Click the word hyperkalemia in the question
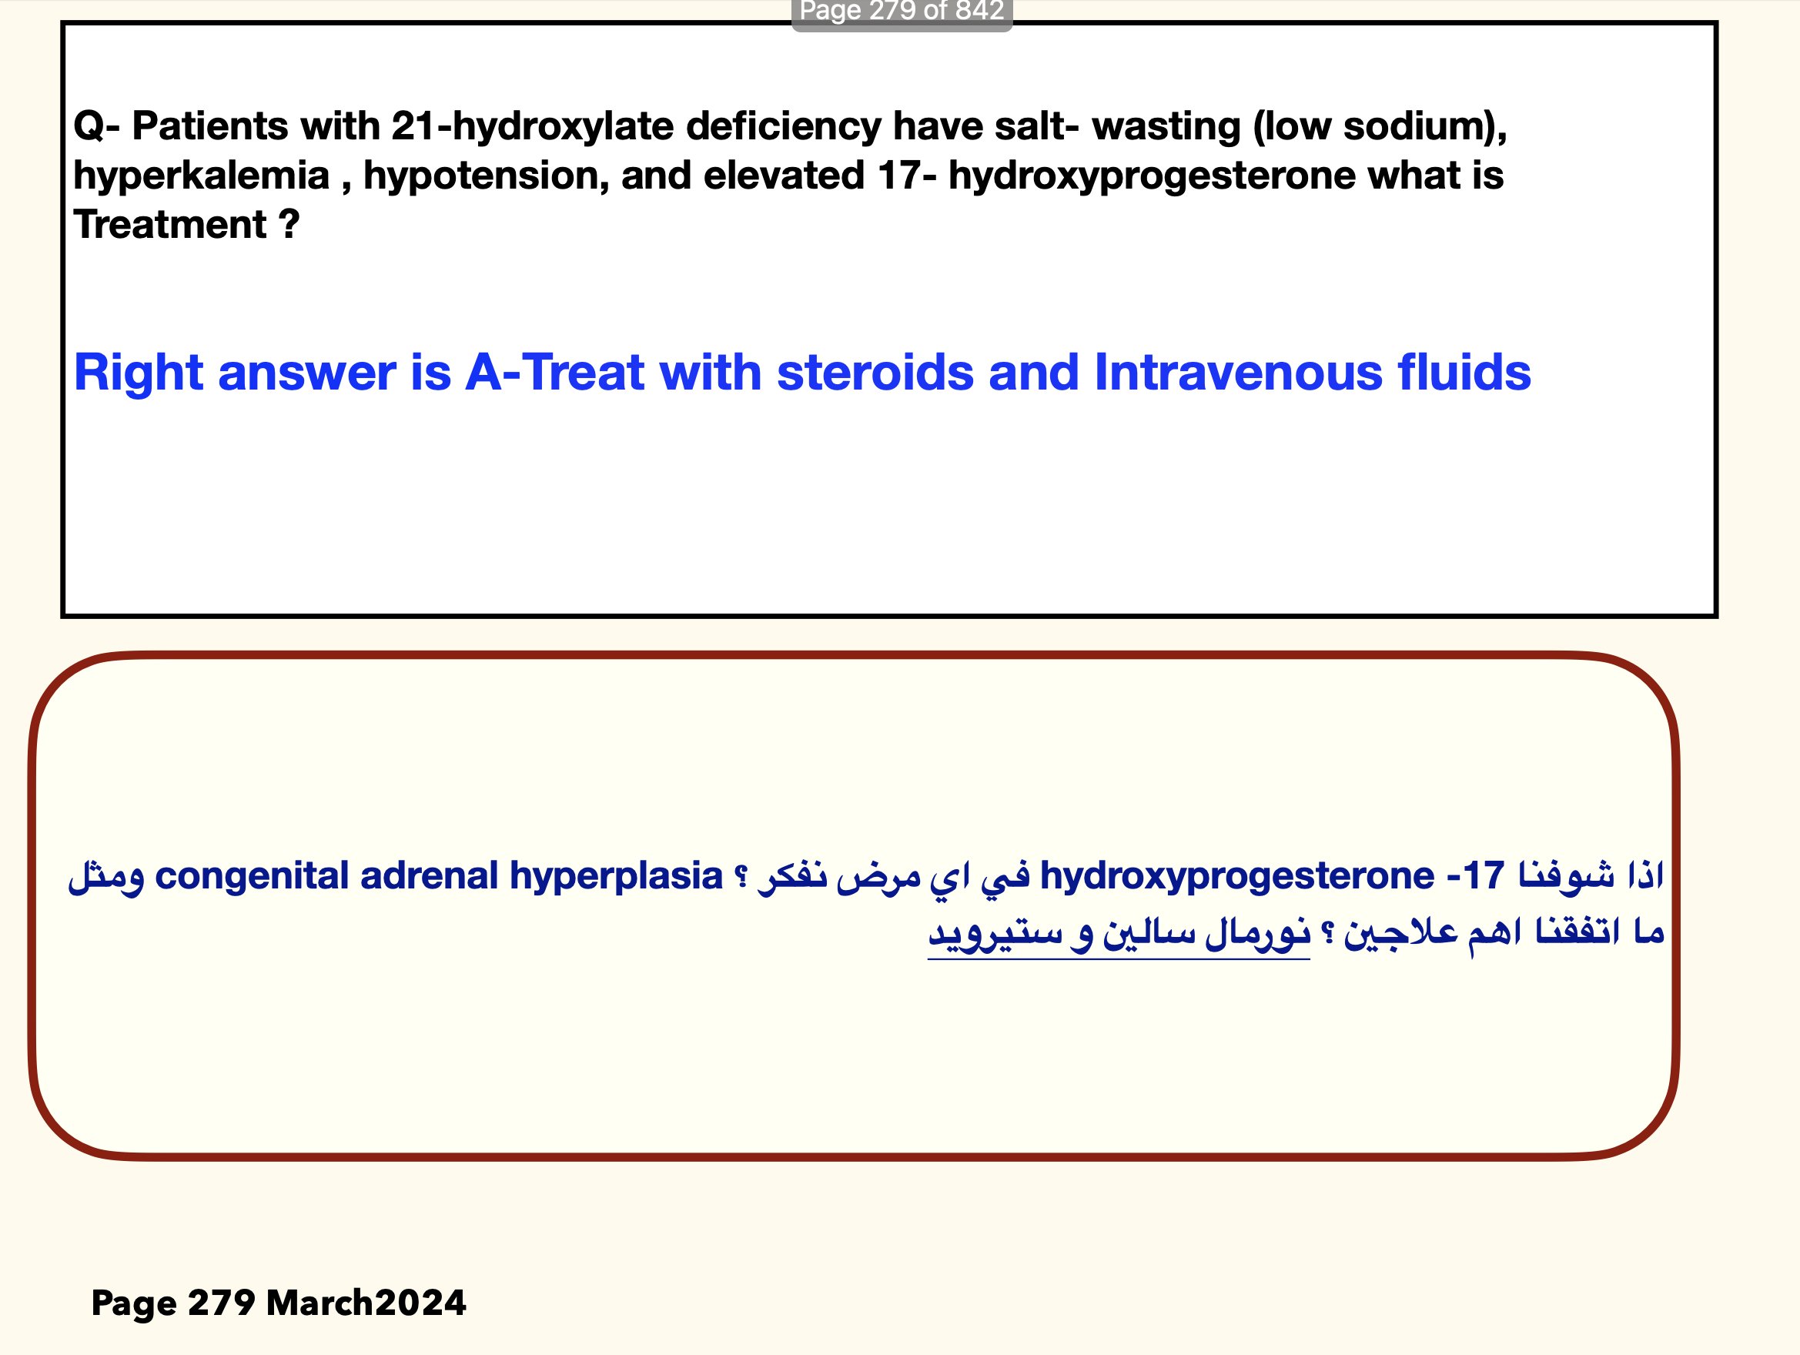[201, 176]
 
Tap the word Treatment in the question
[170, 224]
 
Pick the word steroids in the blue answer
[875, 373]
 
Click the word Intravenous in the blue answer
[1239, 373]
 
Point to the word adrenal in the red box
[429, 875]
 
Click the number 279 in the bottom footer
[221, 1303]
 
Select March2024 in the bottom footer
[366, 1303]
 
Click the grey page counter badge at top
[902, 13]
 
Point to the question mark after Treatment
[289, 224]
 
